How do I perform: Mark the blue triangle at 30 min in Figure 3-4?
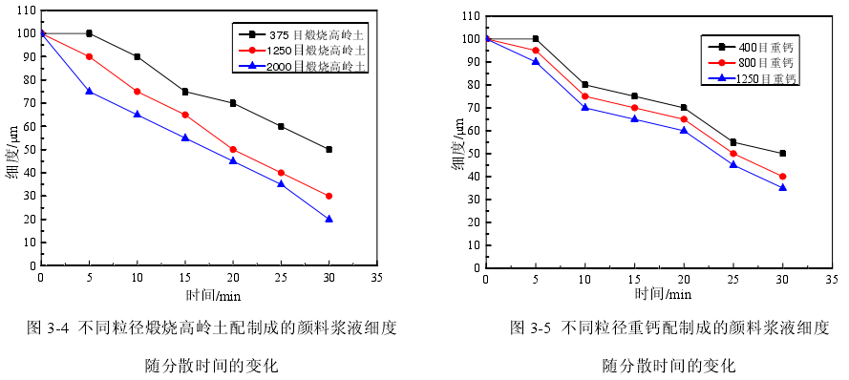pos(329,219)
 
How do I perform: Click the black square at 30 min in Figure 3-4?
pos(329,149)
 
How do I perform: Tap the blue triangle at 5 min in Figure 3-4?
pos(89,92)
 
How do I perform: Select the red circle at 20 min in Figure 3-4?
pos(233,149)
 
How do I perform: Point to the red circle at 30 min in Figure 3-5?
pos(782,176)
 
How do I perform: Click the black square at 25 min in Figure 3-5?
pos(733,142)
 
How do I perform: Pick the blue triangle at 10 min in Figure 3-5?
pos(584,107)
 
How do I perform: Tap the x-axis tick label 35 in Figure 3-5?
pos(832,279)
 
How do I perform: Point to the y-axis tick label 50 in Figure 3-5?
pos(471,154)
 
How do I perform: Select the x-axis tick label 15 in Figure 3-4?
pos(184,276)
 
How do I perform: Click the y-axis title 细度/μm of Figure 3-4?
pos(12,158)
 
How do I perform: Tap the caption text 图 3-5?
pos(531,327)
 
